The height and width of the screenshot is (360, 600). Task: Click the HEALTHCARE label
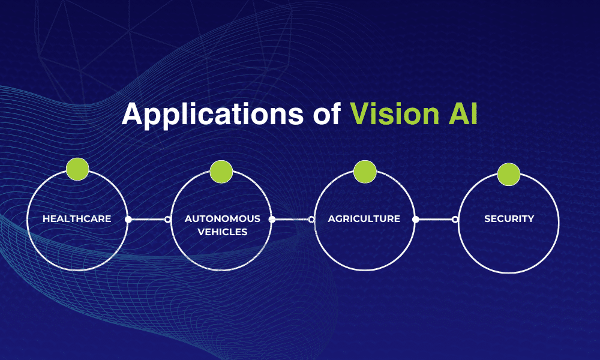[x=77, y=219]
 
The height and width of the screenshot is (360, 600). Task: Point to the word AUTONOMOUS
[x=223, y=219]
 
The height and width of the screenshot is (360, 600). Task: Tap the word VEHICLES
[x=223, y=232]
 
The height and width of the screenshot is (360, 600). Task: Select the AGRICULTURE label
[x=364, y=219]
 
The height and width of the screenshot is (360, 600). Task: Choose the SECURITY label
[x=509, y=219]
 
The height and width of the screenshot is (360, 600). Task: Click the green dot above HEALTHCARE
[x=77, y=169]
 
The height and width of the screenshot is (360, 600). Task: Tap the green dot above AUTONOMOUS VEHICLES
[x=221, y=172]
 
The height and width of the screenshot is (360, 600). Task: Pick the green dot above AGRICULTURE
[x=365, y=172]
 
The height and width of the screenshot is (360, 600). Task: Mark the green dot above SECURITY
[x=509, y=174]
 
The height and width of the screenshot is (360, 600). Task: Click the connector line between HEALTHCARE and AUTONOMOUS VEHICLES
[x=148, y=220]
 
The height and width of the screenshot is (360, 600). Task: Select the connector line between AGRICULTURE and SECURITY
[x=435, y=220]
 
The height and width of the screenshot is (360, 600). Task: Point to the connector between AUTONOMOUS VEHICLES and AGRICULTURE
[x=292, y=220]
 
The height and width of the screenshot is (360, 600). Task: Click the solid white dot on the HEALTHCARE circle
[x=128, y=220]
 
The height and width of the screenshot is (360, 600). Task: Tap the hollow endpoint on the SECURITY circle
[x=455, y=220]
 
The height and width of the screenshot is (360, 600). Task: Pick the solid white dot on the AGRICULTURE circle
[x=415, y=220]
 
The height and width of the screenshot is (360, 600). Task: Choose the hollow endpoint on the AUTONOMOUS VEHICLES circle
[x=167, y=220]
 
